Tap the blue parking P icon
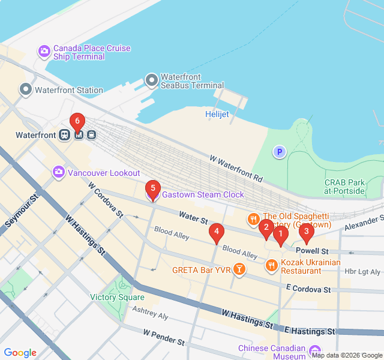coord(279,152)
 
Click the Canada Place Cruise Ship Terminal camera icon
coord(44,52)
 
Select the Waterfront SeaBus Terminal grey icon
coord(151,80)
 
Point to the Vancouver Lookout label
coord(103,173)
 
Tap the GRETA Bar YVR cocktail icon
coord(239,269)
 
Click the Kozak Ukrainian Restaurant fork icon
coord(272,265)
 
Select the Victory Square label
coord(117,297)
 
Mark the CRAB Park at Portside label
coord(344,187)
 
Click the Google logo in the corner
coord(20,353)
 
